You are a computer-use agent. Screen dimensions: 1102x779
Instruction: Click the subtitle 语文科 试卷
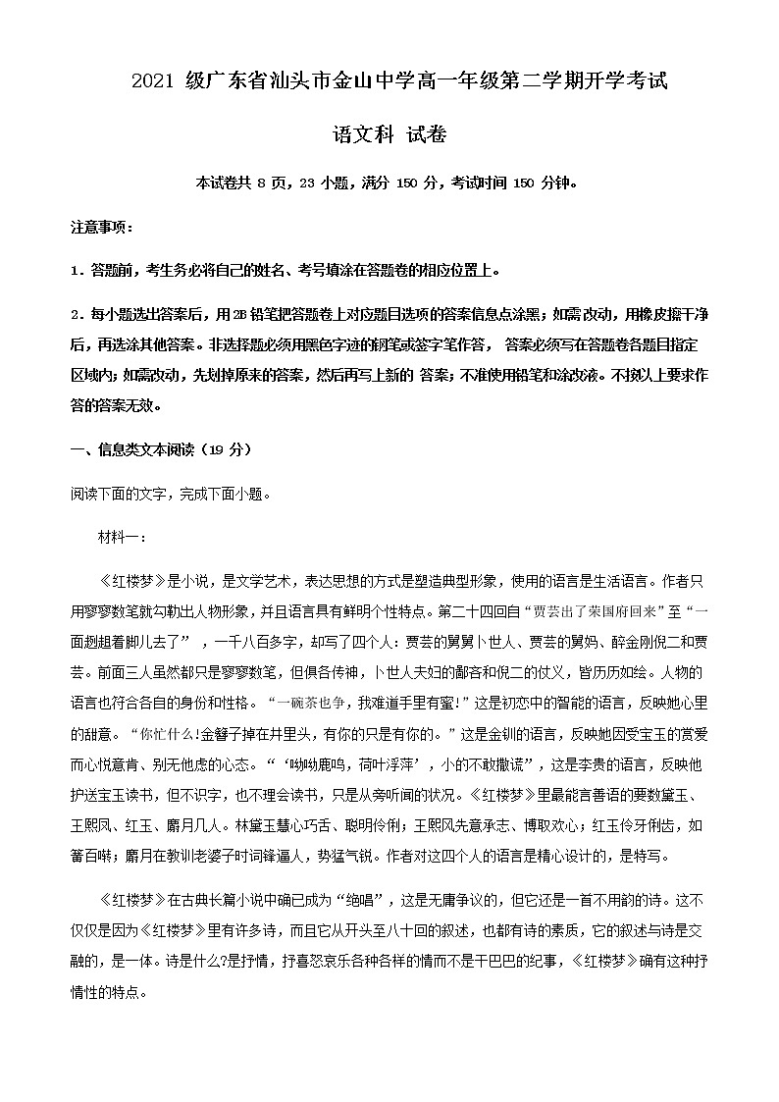click(x=389, y=134)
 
